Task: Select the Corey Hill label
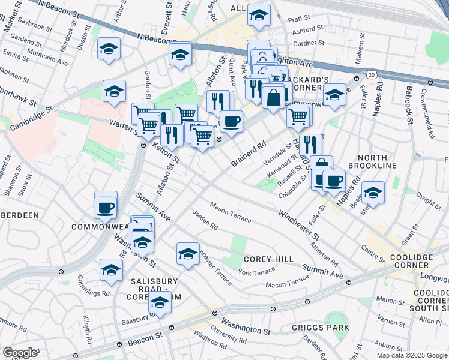pos(268,259)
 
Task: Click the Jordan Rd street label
pos(205,220)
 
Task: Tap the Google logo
pos(20,353)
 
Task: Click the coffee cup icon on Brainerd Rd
pos(231,122)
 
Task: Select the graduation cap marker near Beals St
pos(373,192)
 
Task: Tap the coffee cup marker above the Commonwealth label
pos(105,208)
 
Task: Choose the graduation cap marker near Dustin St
pos(109,49)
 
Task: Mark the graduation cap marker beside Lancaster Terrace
pos(188,253)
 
